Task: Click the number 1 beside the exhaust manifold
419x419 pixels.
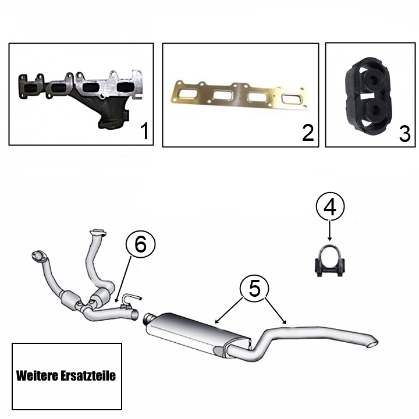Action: [144, 131]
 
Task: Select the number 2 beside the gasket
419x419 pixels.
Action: [308, 133]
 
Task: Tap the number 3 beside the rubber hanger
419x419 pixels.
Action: [404, 134]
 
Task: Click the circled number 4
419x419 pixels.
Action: [330, 207]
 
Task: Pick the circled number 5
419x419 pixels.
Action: [254, 288]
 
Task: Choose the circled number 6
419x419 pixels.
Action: [141, 244]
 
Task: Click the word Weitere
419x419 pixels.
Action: [37, 375]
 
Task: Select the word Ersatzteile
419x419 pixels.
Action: [88, 375]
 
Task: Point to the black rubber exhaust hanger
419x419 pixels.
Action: [368, 96]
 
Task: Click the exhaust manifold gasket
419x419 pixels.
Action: [239, 96]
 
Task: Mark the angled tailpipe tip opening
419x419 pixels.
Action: [373, 344]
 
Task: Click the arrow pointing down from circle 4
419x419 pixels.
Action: [330, 230]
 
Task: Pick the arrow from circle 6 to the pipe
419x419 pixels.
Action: [123, 279]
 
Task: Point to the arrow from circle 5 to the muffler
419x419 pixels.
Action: [229, 310]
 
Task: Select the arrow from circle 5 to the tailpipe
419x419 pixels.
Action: [275, 310]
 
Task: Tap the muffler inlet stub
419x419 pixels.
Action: [148, 318]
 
